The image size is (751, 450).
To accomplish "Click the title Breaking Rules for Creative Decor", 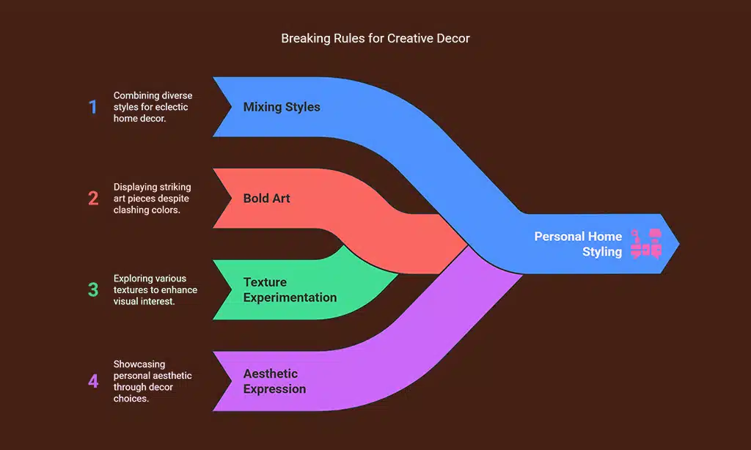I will click(x=375, y=38).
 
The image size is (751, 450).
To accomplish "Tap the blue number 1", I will click(x=93, y=107).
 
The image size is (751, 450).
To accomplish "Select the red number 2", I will click(x=93, y=198).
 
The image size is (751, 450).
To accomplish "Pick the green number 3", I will click(x=93, y=289).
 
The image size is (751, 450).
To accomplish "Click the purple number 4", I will click(x=93, y=381).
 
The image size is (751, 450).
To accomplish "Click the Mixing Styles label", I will click(x=282, y=107).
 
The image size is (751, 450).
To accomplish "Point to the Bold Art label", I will click(x=266, y=198).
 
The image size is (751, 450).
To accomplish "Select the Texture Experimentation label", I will click(x=290, y=289).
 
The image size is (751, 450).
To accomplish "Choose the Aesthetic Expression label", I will click(x=275, y=381).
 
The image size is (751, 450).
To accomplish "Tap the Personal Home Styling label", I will click(x=578, y=244).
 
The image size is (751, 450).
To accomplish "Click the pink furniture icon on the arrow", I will click(x=646, y=244).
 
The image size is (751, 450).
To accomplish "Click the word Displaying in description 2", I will click(x=136, y=186).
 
